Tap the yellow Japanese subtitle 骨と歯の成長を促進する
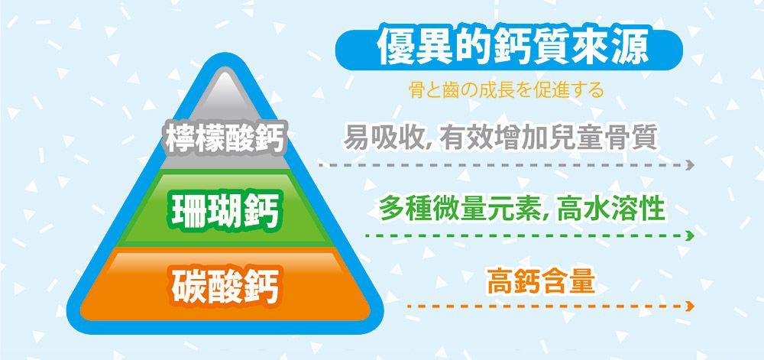tap(506, 91)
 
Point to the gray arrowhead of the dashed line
tap(691, 165)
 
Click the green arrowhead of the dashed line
tap(691, 236)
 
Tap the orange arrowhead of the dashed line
tap(691, 306)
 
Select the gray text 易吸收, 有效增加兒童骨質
tap(500, 138)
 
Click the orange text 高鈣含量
tap(540, 281)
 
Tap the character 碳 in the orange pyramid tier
tap(189, 282)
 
